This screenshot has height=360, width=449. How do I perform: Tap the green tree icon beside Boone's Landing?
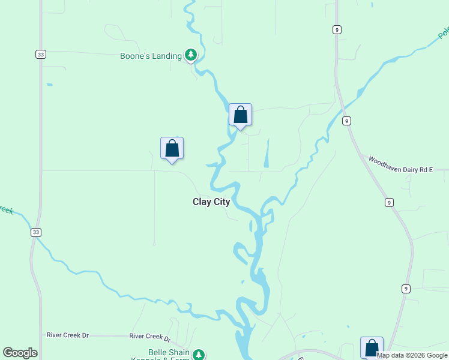coord(191,56)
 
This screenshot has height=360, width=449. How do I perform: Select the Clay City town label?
coord(211,202)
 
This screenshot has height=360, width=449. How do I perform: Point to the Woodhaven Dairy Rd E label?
coord(400,166)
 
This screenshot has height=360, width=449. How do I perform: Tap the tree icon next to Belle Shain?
coord(199,355)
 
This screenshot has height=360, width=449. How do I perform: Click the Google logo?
coord(20,353)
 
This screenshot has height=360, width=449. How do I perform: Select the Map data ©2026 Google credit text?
coord(412,355)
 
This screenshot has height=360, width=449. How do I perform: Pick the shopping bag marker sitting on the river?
coord(240,115)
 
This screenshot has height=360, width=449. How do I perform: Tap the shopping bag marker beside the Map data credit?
coord(372,347)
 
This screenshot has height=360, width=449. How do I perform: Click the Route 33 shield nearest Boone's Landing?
coord(40,55)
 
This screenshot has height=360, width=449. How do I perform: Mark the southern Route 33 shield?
coord(36,232)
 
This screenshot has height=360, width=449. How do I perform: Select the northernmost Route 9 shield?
coord(337,29)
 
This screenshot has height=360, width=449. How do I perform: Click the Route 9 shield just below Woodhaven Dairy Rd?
coord(390,202)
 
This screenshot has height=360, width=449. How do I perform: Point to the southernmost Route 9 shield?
coord(406,289)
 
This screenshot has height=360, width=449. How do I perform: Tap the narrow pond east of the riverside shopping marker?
coord(266,154)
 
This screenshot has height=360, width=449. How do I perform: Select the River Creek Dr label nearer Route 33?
coord(67,335)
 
